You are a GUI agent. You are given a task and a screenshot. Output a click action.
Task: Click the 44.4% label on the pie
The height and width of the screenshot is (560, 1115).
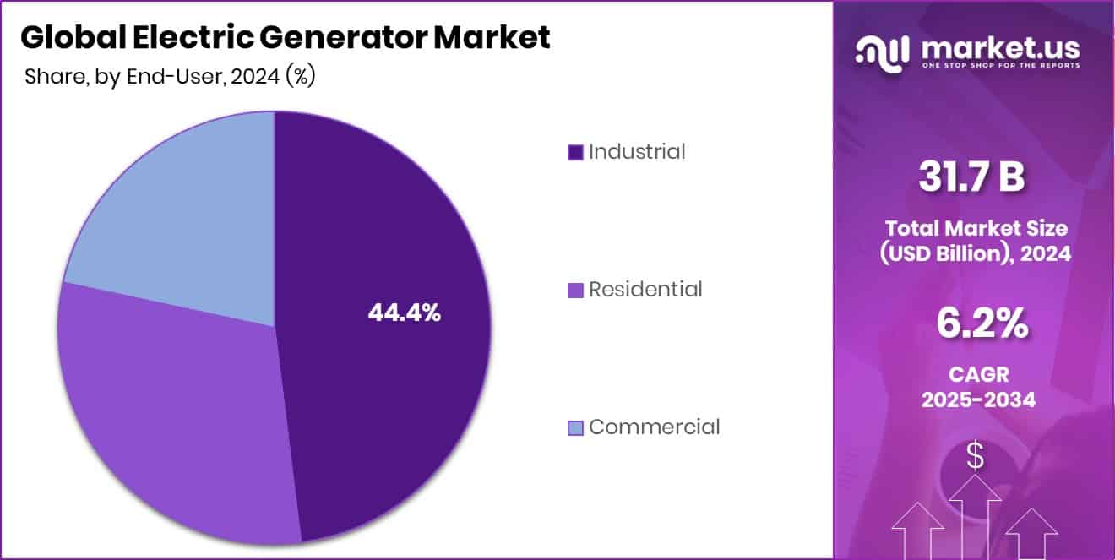404,313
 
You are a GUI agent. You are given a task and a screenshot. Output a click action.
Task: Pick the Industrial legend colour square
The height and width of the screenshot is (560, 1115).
575,153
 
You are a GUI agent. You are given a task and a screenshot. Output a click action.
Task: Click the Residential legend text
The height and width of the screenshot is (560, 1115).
645,290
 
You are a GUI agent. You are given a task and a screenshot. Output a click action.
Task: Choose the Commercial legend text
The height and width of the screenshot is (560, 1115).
654,427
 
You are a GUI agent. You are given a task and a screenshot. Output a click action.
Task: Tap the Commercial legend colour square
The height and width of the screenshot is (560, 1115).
575,428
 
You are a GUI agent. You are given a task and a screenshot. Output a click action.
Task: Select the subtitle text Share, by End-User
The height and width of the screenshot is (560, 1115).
118,77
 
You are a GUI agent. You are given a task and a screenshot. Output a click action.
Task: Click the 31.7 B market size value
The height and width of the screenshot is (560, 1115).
972,178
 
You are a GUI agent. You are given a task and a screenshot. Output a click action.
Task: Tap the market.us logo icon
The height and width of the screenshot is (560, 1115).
883,51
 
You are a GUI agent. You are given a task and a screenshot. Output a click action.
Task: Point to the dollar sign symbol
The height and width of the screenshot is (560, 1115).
975,457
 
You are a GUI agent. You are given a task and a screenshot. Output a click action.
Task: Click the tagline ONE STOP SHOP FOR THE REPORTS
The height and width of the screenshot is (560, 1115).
1000,66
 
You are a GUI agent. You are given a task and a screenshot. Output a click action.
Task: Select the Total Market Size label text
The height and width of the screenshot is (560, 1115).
976,228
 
